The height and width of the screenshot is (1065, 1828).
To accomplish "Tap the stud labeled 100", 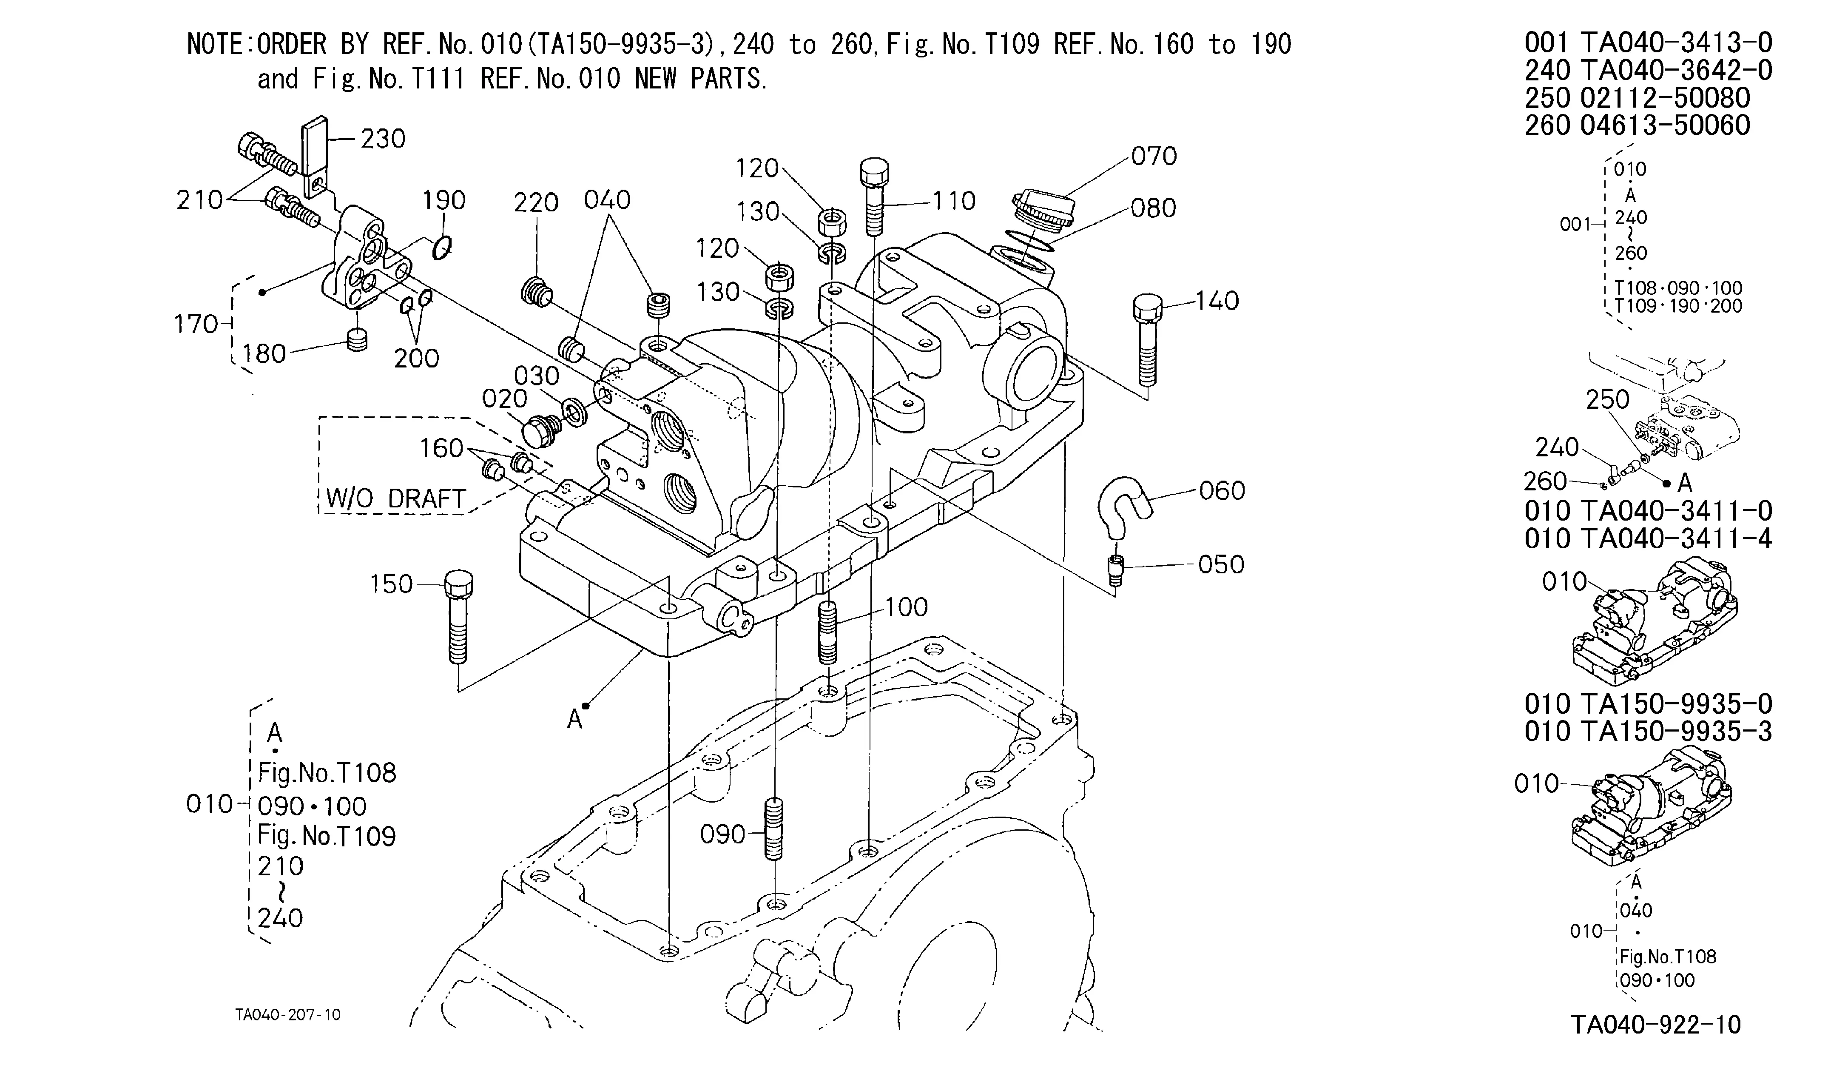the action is (x=827, y=632).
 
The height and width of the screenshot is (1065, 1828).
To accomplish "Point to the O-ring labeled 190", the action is (x=441, y=249).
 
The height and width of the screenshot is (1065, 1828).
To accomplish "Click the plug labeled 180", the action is (x=356, y=339).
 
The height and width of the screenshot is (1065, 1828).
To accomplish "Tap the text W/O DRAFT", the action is (x=395, y=498).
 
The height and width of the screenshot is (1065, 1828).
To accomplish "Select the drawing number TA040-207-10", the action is (x=287, y=1014).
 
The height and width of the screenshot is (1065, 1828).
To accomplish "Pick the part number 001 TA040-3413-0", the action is (x=1648, y=43).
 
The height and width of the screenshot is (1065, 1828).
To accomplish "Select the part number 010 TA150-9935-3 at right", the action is (x=1648, y=731).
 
